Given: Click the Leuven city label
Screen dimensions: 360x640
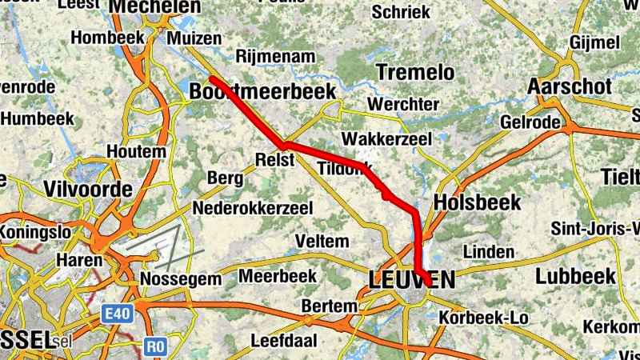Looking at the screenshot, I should [411, 279].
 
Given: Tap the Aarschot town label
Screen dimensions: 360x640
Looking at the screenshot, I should [570, 86].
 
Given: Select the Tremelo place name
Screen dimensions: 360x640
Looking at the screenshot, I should [415, 72].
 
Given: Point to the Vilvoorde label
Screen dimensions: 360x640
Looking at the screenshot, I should [88, 190].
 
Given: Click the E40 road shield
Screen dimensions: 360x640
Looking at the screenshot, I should [116, 317].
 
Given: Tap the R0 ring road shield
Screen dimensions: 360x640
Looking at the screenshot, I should [156, 346].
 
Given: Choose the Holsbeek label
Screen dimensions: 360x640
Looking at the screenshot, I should [477, 202].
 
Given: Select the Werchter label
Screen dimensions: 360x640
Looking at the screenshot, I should [403, 105].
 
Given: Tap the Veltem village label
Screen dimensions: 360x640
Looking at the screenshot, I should [322, 241].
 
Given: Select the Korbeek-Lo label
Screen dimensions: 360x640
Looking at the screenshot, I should [484, 318].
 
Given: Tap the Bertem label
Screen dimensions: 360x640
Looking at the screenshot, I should [329, 306].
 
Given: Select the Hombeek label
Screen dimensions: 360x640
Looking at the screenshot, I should [106, 37].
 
